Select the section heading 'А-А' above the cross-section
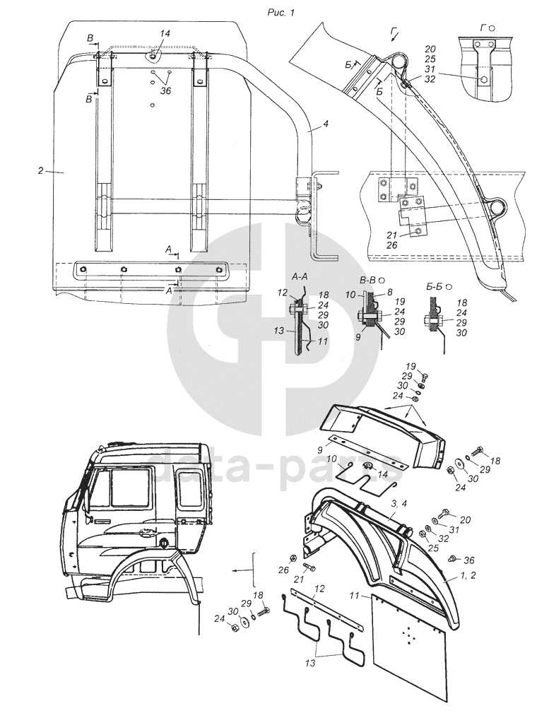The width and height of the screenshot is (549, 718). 300,276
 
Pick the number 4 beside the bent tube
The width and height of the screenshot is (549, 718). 325,125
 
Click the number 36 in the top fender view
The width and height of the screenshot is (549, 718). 165,90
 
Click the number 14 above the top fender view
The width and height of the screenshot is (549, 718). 165,34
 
